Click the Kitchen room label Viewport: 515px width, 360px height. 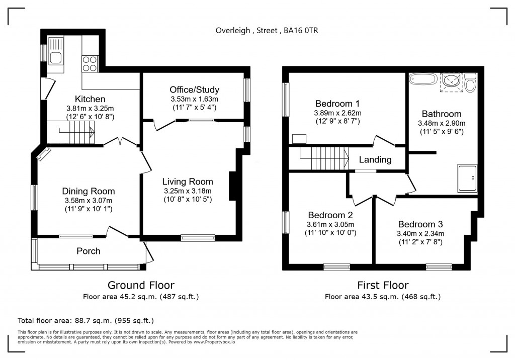[90, 99]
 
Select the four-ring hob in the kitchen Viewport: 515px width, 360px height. [90, 64]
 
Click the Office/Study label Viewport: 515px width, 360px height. [195, 89]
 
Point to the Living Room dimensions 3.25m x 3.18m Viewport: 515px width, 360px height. [188, 191]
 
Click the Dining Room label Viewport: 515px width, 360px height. [89, 191]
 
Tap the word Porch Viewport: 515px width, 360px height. [89, 251]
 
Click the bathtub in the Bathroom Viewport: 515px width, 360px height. [423, 79]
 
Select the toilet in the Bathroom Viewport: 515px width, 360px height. [471, 82]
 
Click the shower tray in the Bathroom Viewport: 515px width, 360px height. [467, 178]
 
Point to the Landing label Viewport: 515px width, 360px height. [375, 159]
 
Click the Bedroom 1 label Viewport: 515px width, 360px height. [337, 104]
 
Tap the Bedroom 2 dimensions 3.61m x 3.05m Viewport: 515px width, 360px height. [330, 225]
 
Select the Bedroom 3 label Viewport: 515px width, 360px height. [420, 224]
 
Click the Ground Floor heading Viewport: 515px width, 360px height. [141, 285]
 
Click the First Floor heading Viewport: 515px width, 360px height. [383, 285]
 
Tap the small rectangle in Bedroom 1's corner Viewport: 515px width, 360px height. [299, 139]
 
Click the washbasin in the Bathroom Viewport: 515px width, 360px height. [451, 80]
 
